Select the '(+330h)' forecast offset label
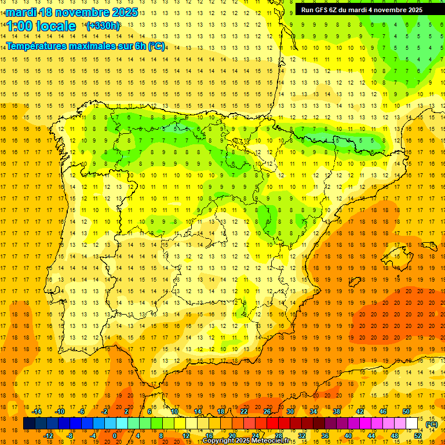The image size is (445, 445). (103, 26)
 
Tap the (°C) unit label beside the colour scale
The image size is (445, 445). (432, 424)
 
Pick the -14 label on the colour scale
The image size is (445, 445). (37, 411)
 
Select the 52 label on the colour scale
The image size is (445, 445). (418, 436)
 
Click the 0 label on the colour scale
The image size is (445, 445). (115, 436)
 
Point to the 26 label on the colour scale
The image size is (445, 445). (267, 411)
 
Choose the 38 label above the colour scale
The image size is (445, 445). (337, 411)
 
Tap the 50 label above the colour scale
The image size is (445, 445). (406, 411)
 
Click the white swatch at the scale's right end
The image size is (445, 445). (412, 424)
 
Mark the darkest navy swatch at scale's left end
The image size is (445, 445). (30, 424)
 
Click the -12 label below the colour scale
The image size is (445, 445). (48, 436)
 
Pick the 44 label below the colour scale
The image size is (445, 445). (371, 436)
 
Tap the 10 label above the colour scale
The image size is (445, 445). (174, 411)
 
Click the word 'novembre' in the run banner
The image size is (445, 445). (392, 9)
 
